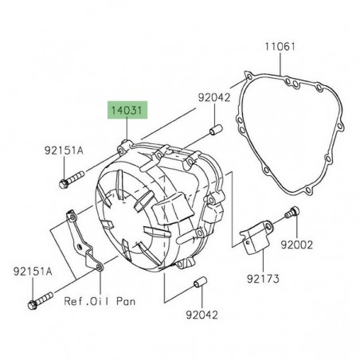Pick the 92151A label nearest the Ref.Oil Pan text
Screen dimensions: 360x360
[31, 272]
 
